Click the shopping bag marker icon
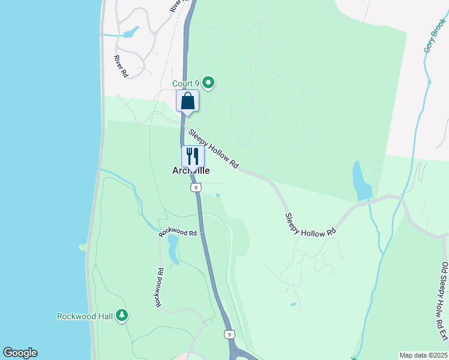(x=187, y=101)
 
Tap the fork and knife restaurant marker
(x=193, y=156)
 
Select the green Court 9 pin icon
(x=208, y=83)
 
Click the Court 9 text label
(x=185, y=83)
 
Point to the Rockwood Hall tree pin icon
(x=122, y=315)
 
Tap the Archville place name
(x=191, y=170)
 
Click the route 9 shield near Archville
(x=196, y=188)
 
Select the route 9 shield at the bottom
(x=228, y=334)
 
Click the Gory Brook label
(x=435, y=34)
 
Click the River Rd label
(x=122, y=66)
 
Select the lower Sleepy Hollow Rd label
(x=310, y=224)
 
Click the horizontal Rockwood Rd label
(x=178, y=233)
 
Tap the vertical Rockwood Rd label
(x=160, y=288)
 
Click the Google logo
(x=20, y=353)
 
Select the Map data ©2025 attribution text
(x=423, y=355)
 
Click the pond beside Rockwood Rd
(x=173, y=249)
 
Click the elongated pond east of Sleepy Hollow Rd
(x=362, y=181)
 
